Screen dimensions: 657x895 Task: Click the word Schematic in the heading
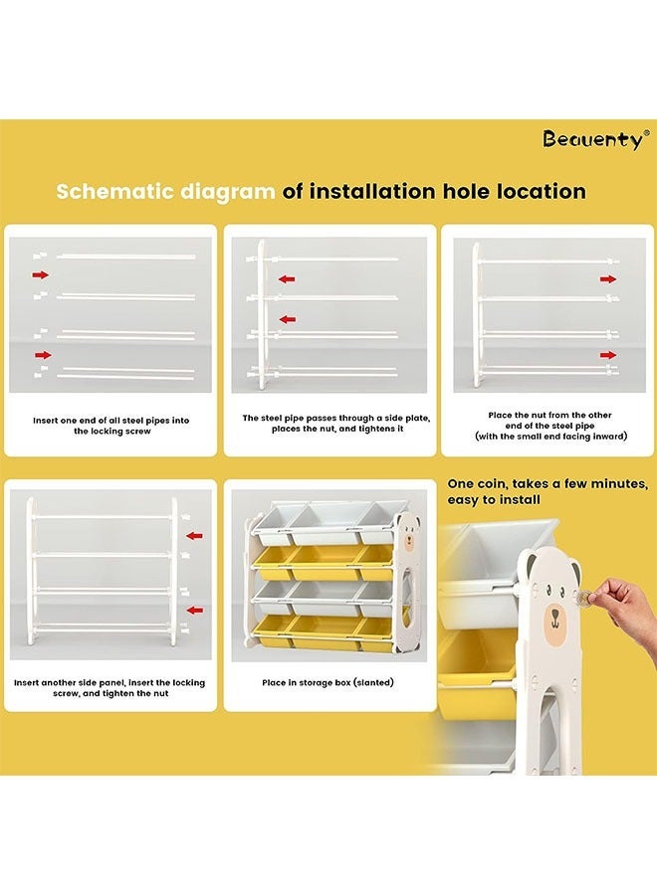click(x=114, y=191)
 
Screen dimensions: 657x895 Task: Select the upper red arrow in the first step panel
click(x=41, y=275)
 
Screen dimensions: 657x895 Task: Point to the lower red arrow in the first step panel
click(x=43, y=355)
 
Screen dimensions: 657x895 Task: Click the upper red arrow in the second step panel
click(x=287, y=279)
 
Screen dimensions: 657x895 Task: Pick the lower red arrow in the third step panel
click(x=608, y=355)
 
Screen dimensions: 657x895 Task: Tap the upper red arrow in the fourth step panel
click(x=195, y=535)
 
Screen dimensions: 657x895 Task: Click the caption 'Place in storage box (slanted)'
click(x=328, y=682)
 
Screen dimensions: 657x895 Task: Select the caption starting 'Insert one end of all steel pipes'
click(x=111, y=426)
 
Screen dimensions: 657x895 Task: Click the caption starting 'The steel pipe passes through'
click(x=336, y=423)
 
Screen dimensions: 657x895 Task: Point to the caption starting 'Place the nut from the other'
click(x=550, y=426)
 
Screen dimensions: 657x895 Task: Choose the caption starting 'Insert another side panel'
click(x=109, y=688)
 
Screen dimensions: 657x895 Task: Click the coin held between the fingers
click(x=584, y=597)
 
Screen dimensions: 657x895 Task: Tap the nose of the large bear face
click(x=555, y=615)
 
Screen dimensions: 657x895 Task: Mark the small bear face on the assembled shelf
click(x=409, y=538)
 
